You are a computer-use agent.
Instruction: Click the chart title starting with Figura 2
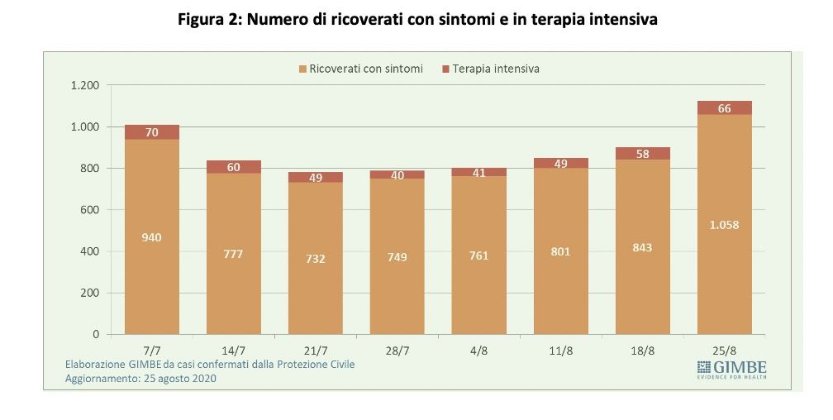pos(417,19)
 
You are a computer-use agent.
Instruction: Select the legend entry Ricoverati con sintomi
pos(360,69)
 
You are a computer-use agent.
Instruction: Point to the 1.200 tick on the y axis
pos(84,85)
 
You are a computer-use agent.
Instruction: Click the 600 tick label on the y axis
pos(89,210)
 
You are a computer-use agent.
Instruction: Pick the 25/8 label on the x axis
pos(724,351)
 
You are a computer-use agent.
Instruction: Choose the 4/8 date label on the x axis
pos(478,351)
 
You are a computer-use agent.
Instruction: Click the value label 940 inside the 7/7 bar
pos(151,238)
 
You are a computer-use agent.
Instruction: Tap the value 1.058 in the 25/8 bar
pos(724,224)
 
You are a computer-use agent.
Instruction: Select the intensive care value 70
pos(151,132)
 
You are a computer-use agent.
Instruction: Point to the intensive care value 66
pos(724,108)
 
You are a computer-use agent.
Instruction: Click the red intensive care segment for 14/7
pos(233,167)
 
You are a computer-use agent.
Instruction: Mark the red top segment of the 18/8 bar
pos(642,154)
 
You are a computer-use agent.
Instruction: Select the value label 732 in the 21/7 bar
pos(315,259)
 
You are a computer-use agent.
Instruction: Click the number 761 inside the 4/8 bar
pos(478,256)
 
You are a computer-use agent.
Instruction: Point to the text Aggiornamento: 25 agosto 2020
pos(140,379)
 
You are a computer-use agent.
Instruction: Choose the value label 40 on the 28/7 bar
pos(397,175)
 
